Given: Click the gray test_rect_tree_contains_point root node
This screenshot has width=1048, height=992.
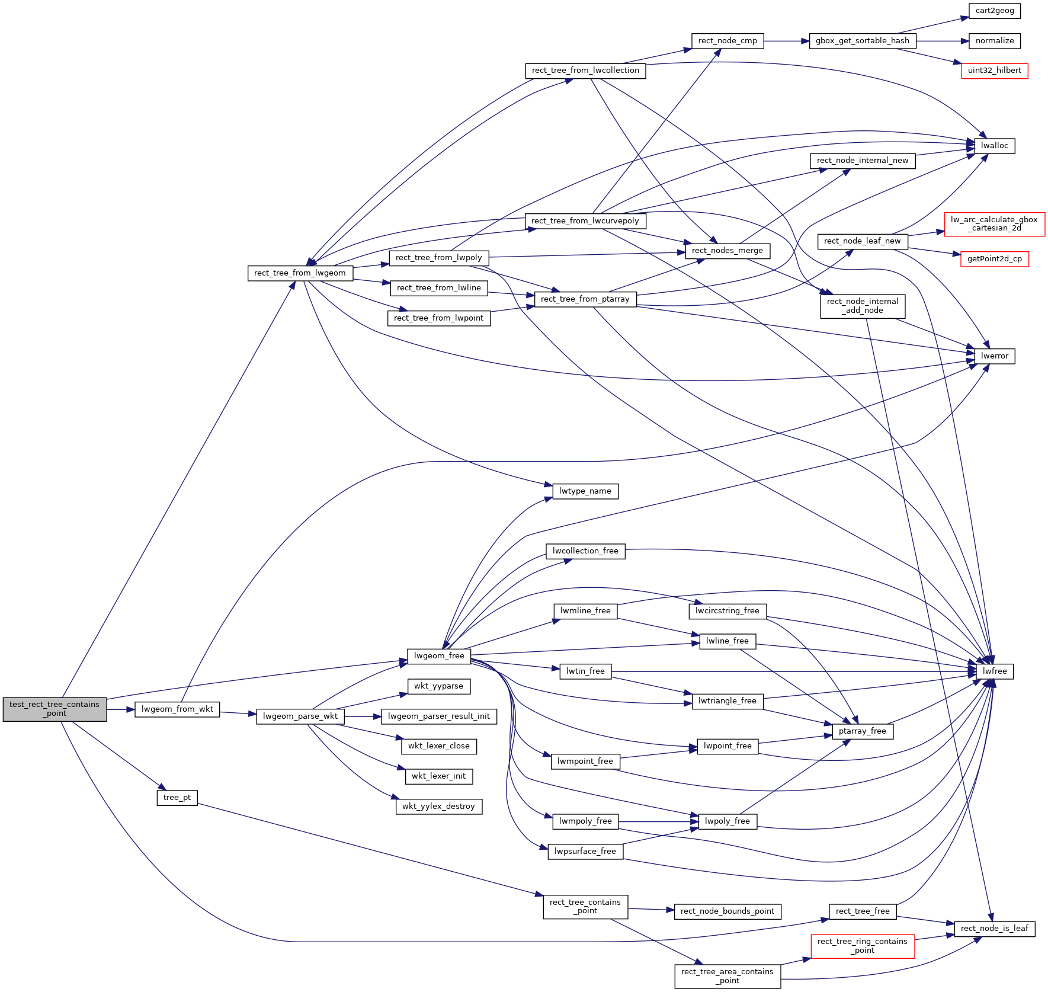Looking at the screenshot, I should tap(55, 709).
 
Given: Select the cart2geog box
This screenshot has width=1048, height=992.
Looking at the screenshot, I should tap(994, 11).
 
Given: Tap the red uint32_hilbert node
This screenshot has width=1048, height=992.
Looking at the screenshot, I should tap(994, 71).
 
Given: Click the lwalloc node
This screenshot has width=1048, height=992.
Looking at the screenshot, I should tap(994, 146).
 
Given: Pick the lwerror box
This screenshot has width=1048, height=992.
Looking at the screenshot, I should tap(994, 356).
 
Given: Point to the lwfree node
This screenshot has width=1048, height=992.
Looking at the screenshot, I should tap(994, 671).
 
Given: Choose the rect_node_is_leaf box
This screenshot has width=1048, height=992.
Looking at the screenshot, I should tap(994, 929).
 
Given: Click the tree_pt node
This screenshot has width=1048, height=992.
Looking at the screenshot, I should tap(177, 798).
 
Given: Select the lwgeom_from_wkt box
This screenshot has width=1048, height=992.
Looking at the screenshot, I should tap(177, 709).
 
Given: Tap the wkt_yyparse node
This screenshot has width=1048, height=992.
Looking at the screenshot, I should tap(438, 686).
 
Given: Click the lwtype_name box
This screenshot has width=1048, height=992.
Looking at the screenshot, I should tap(585, 491).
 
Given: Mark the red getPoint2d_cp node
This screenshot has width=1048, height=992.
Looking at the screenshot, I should tap(994, 259).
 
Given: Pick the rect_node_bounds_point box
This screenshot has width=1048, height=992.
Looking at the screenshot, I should tap(727, 911).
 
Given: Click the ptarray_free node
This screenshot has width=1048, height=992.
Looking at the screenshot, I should tap(862, 731).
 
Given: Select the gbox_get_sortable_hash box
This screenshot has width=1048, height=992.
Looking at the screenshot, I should tap(862, 41).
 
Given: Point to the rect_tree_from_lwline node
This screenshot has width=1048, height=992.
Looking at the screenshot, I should tap(438, 288).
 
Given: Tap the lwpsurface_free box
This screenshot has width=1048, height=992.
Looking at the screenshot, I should tap(585, 852).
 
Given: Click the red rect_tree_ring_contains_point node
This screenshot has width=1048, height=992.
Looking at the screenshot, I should tap(862, 946).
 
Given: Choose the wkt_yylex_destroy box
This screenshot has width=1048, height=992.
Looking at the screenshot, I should tap(438, 807).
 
